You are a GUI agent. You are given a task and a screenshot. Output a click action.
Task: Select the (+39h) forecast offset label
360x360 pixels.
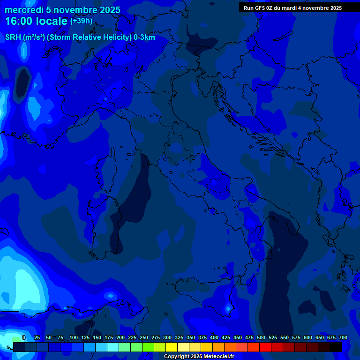click(x=81, y=21)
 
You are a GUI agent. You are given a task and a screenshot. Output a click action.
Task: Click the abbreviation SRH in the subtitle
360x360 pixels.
click(x=13, y=37)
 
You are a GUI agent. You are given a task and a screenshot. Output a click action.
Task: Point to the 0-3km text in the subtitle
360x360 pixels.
click(x=144, y=37)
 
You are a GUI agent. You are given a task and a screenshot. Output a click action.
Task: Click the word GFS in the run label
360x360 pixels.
click(x=261, y=8)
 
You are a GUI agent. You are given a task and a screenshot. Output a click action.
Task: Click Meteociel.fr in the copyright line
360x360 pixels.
click(x=216, y=357)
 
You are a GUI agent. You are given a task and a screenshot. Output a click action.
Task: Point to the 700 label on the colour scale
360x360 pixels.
click(x=343, y=338)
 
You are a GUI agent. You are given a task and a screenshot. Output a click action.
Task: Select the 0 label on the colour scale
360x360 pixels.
click(x=24, y=338)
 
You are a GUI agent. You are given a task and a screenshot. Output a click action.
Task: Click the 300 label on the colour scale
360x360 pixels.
click(x=167, y=338)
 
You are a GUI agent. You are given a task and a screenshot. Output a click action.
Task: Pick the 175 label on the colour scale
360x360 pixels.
click(x=108, y=338)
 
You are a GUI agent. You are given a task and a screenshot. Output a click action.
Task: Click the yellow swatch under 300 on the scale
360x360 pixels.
click(x=172, y=347)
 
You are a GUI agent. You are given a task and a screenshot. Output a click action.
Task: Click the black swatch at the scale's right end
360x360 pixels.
click(x=336, y=347)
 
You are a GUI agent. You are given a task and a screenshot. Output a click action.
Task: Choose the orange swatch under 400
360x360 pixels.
click(x=218, y=347)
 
